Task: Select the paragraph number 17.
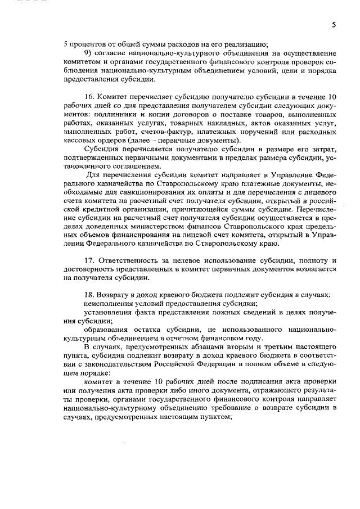[x=88, y=260]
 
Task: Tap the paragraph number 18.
[x=88, y=294]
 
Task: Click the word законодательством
[x=107, y=364]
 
